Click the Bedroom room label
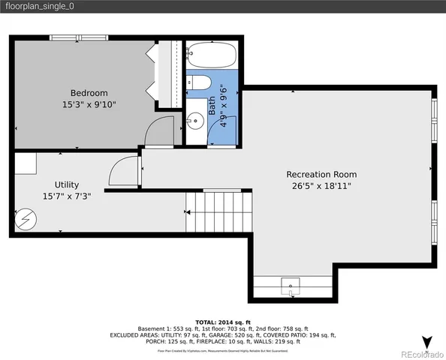(89, 92)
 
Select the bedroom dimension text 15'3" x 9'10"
(89, 105)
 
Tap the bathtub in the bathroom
(211, 55)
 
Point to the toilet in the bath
(200, 82)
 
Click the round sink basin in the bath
(196, 120)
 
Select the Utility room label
(66, 184)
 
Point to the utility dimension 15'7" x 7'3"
(66, 197)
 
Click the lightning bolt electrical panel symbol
(26, 218)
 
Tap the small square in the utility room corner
(25, 163)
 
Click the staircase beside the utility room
(219, 211)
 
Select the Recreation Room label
(321, 174)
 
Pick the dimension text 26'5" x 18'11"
(321, 186)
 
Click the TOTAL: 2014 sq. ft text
(223, 320)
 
